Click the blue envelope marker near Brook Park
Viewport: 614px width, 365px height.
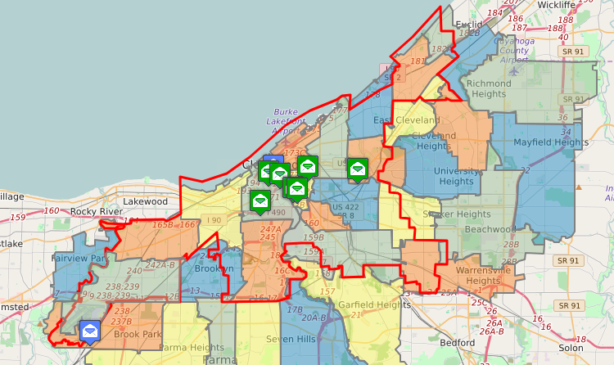click(89, 331)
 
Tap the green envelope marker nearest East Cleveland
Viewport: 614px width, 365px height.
click(357, 168)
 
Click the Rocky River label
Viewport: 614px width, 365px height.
click(97, 211)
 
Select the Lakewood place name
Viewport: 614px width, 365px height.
click(145, 201)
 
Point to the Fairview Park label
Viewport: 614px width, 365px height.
click(80, 258)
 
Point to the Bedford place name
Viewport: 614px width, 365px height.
click(457, 342)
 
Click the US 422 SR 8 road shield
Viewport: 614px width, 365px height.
click(345, 211)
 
